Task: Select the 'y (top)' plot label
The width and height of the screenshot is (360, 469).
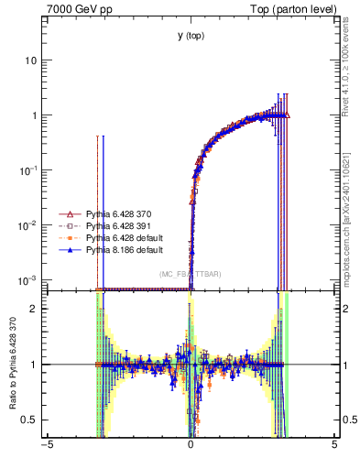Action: coord(191,36)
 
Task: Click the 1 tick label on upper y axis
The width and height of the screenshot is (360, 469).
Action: coord(33,115)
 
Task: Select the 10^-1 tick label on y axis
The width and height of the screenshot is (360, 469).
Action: coord(27,169)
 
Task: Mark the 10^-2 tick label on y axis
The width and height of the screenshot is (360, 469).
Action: coord(27,224)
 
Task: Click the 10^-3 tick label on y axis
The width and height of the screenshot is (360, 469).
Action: coord(27,279)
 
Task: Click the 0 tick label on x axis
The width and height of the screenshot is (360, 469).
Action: coord(191,446)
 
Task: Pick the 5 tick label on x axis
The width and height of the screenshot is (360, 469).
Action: coord(333,446)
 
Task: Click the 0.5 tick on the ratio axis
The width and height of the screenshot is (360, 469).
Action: coord(29,420)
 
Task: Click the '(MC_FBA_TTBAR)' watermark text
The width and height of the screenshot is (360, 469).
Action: coord(190,274)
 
